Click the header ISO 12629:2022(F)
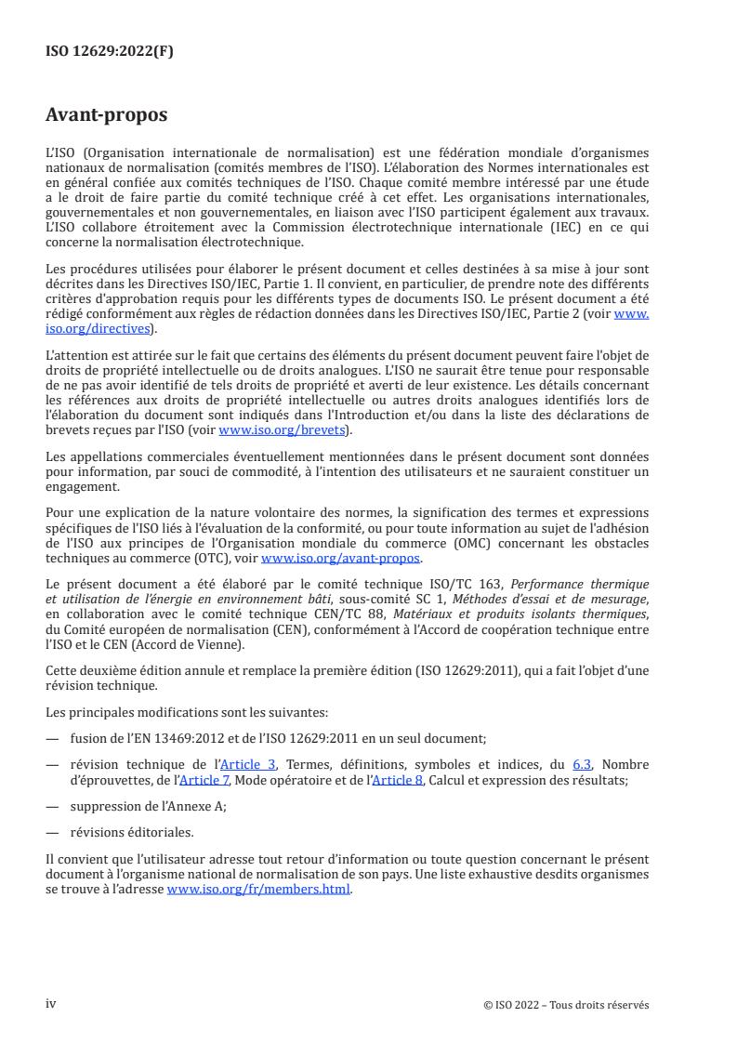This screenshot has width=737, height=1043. (110, 52)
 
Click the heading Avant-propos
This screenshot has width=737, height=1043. (107, 115)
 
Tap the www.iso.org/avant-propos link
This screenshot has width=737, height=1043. (341, 558)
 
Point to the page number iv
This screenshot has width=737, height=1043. (51, 1004)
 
